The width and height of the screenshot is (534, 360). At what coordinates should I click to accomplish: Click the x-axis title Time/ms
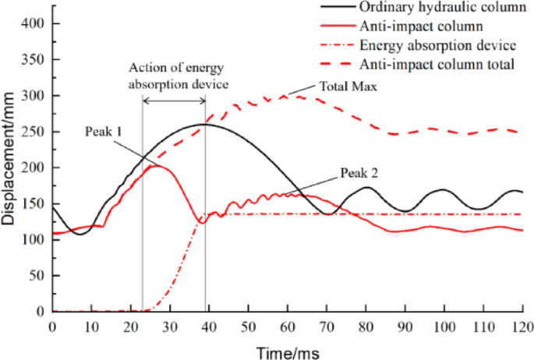(x=286, y=351)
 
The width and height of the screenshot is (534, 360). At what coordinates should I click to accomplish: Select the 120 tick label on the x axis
(x=522, y=326)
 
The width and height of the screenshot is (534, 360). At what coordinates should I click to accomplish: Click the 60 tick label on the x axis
(x=287, y=326)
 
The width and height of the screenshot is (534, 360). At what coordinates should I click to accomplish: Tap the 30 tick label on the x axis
(x=169, y=326)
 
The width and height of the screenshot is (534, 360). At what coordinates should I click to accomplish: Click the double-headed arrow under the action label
(x=174, y=101)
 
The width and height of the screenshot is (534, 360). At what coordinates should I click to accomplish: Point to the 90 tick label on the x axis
(x=405, y=326)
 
